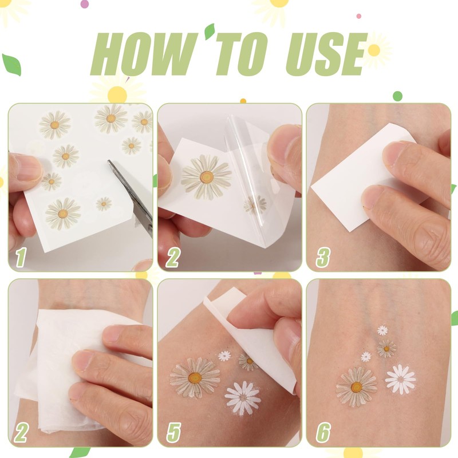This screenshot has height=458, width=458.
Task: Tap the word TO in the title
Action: pos(240,54)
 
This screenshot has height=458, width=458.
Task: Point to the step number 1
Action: pos(21,258)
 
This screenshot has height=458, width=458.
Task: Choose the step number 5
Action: pos(173,433)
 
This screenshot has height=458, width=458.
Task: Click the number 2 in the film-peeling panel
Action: pos(172,258)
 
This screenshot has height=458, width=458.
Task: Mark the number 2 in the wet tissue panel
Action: pos(21,433)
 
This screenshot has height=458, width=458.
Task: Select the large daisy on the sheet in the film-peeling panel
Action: pos(206,177)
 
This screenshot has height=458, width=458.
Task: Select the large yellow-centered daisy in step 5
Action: pos(195,377)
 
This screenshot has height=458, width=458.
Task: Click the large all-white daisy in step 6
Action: pos(400,379)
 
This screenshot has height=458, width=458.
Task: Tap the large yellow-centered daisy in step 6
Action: pos(356,387)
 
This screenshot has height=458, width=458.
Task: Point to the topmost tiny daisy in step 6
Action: pos(382,330)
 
